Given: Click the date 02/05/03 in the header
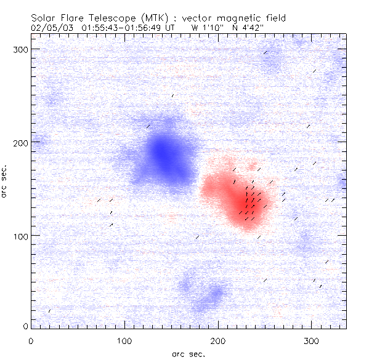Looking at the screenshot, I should click(x=51, y=27).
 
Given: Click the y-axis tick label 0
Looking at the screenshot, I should click(x=25, y=326).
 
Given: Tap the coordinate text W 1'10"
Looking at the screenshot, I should click(x=204, y=27).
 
